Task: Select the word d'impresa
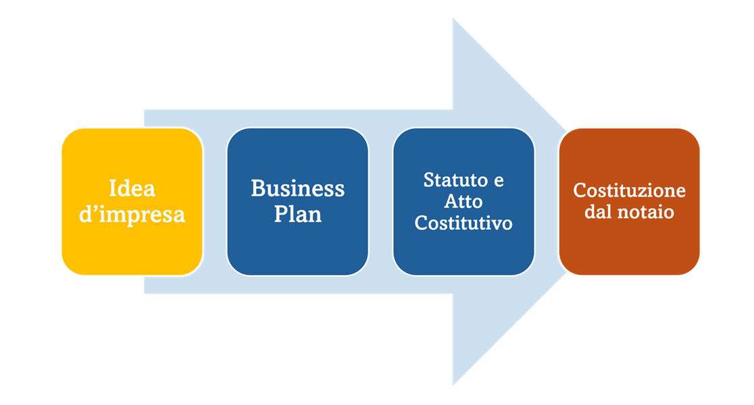point(132,215)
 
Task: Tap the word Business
point(297,188)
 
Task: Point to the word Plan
point(297,215)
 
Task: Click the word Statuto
point(454,181)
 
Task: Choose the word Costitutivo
point(463,223)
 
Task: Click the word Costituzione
point(629,191)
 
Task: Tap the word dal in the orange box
point(599,212)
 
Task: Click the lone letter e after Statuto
point(499,182)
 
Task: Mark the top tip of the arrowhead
point(453,19)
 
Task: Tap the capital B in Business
point(257,188)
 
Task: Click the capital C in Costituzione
point(579,191)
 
